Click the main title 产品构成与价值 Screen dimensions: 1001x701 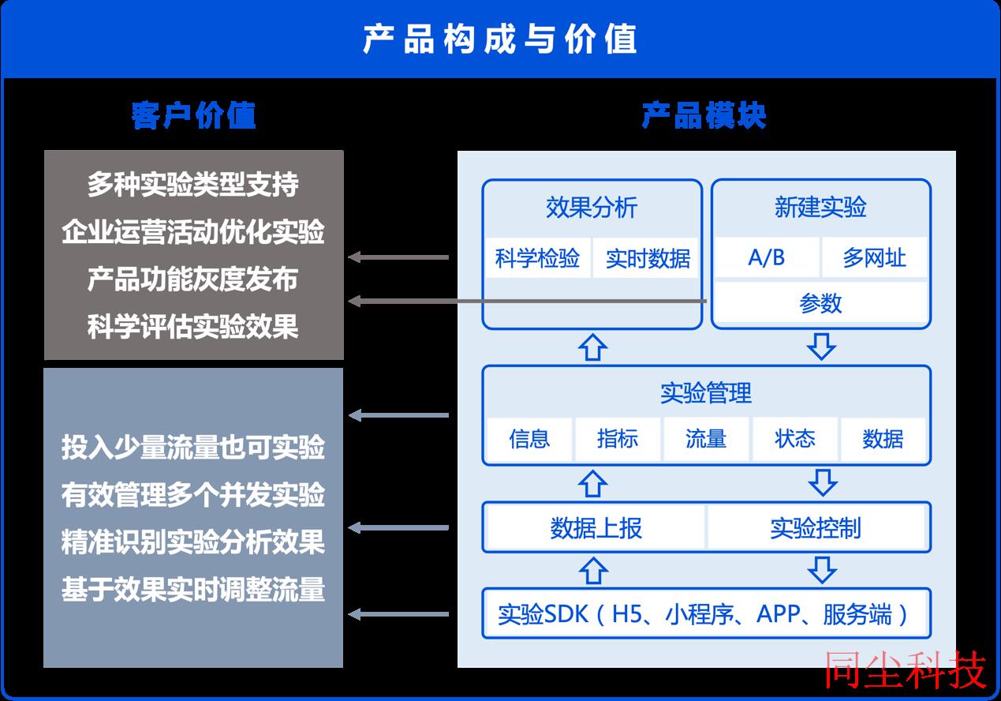click(499, 39)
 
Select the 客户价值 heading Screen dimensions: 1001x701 click(193, 115)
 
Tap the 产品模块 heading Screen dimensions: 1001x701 click(704, 115)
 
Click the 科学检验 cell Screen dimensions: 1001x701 click(537, 258)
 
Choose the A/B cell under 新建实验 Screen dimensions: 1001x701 click(767, 257)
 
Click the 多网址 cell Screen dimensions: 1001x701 click(875, 257)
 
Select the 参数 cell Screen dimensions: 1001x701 click(820, 303)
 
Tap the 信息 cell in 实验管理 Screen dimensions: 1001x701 click(529, 439)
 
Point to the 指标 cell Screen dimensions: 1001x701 click(618, 439)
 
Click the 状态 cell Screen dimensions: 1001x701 click(795, 439)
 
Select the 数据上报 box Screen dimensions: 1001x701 click(596, 528)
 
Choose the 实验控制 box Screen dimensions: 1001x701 click(816, 528)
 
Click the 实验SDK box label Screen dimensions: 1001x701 click(703, 614)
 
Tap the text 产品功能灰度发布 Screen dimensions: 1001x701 click(192, 279)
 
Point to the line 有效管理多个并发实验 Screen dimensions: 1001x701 click(193, 494)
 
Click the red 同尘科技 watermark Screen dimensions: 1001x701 click(905, 669)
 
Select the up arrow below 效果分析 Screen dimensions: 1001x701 click(592, 347)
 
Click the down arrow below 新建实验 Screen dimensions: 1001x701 click(821, 347)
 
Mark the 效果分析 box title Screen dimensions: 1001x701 click(592, 208)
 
